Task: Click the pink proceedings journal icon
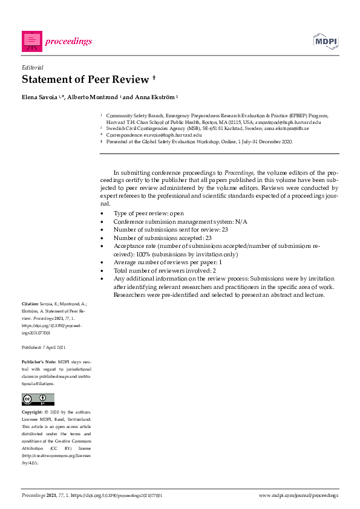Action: pyautogui.click(x=32, y=41)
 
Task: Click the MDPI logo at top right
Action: pyautogui.click(x=326, y=41)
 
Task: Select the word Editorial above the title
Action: pyautogui.click(x=32, y=68)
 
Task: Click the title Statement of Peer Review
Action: pyautogui.click(x=85, y=80)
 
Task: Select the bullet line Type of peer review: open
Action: pyautogui.click(x=148, y=213)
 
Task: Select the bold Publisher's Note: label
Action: pyautogui.click(x=39, y=361)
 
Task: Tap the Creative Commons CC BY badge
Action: pyautogui.click(x=38, y=399)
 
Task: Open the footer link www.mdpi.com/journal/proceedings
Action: pyautogui.click(x=298, y=495)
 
